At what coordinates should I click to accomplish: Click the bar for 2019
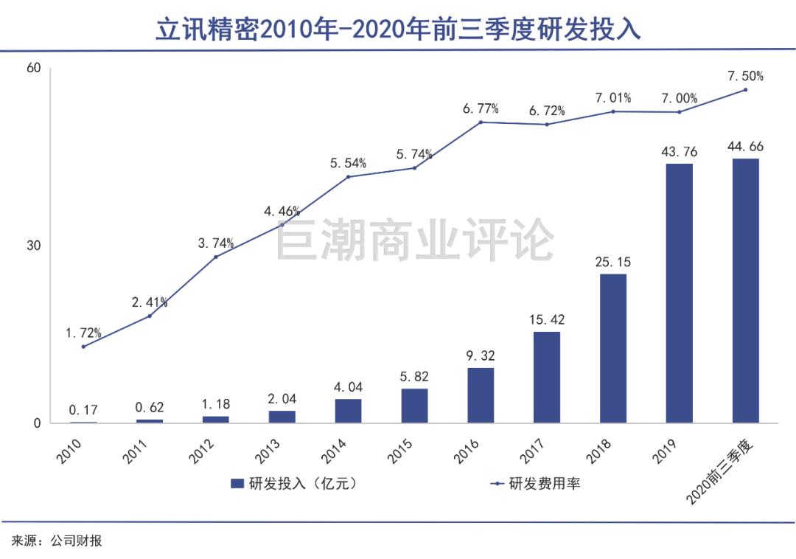[679, 293]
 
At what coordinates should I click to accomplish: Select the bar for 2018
[613, 348]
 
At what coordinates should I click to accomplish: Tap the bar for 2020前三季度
[745, 291]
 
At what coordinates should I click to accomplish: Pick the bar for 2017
[547, 377]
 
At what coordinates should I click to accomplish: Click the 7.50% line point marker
[745, 90]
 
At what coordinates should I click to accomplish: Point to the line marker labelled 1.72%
[83, 347]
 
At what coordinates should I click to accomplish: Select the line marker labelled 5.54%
[348, 176]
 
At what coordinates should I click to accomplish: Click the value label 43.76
[679, 151]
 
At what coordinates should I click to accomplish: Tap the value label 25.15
[613, 262]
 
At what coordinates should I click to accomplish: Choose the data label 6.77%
[481, 109]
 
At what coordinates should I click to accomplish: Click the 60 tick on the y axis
[33, 68]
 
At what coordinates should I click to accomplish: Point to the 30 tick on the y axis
[33, 246]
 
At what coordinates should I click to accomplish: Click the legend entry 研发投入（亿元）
[296, 484]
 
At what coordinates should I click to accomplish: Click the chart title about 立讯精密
[398, 29]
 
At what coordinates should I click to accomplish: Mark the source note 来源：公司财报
[56, 541]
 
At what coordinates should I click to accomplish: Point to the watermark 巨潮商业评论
[415, 241]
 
